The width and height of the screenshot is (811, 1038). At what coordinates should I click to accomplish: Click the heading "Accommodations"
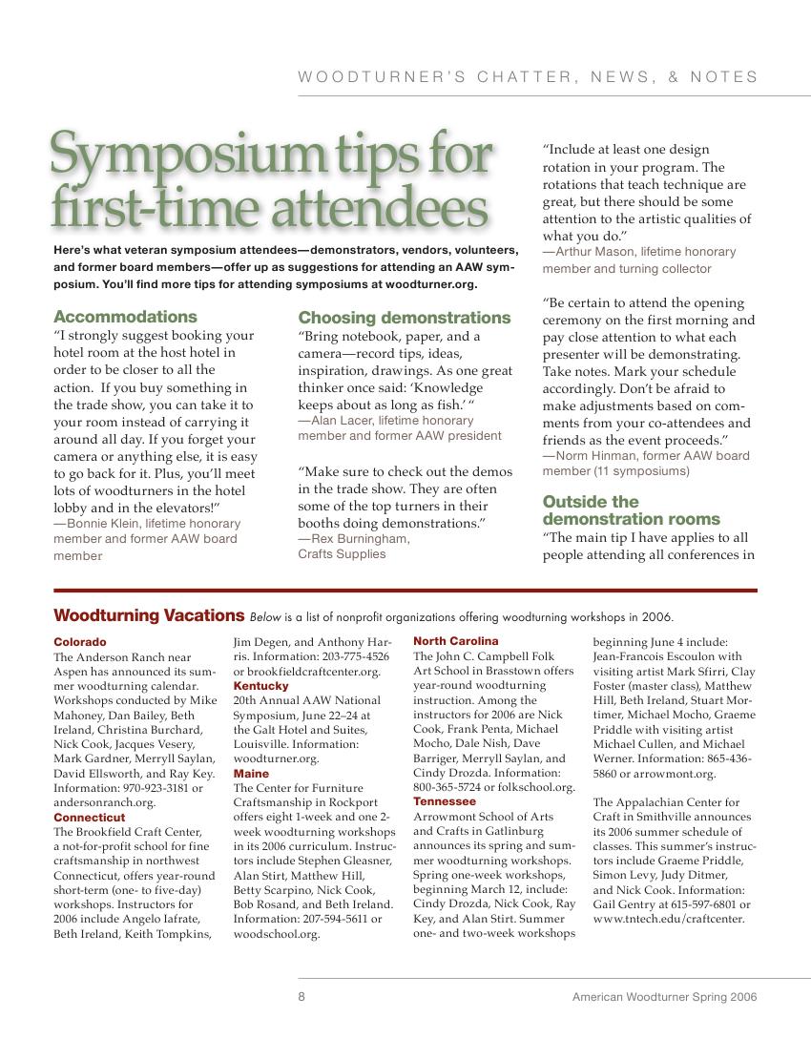pos(125,317)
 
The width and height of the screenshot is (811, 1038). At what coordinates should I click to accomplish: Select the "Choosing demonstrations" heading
pos(405,318)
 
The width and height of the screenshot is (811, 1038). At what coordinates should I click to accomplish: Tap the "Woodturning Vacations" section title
pos(149,615)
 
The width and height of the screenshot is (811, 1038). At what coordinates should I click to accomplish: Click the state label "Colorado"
pos(80,642)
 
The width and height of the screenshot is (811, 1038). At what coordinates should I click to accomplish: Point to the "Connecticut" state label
pos(89,818)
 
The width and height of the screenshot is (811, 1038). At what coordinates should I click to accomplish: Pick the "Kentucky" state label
pos(260,686)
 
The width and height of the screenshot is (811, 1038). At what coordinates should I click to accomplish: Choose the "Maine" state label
pos(251,774)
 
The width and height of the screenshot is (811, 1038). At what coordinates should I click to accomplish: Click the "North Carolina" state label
pos(456,641)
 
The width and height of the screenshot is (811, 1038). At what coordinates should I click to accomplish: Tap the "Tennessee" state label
pos(445,801)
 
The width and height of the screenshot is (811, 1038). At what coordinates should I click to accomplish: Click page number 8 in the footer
pos(302,997)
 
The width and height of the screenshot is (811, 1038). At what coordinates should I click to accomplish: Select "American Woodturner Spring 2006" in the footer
pos(664,997)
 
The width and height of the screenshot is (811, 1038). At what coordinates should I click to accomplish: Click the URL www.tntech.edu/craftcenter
pos(669,920)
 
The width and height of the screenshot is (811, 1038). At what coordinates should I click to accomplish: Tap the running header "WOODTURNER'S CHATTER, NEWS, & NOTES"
pos(528,77)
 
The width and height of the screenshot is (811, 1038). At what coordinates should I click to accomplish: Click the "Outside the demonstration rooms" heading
pos(631,510)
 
